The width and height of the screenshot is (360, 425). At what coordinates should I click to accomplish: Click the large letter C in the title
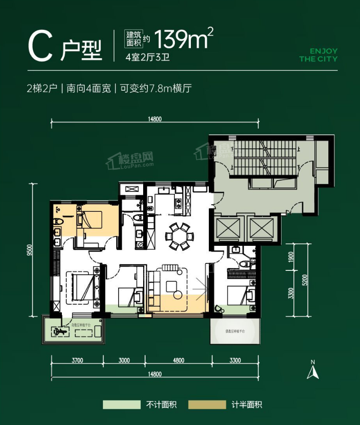point(40,47)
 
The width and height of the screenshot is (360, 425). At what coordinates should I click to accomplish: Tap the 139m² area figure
point(181,40)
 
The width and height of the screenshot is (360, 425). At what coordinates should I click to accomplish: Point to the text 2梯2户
point(42,88)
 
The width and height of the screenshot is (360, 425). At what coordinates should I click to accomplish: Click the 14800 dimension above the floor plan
point(154,119)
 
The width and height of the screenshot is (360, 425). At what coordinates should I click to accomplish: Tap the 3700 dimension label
point(77,360)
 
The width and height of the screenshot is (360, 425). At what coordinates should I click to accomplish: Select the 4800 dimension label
point(178,360)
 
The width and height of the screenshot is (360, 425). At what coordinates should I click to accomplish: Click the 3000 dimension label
point(124,360)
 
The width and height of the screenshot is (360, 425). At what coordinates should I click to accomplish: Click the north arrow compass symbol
point(312,370)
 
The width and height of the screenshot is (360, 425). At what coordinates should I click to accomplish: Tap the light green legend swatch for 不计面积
point(122,405)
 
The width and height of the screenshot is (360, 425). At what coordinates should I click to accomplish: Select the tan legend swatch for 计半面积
point(207,405)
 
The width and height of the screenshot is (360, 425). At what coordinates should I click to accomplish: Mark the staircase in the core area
point(262,158)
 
